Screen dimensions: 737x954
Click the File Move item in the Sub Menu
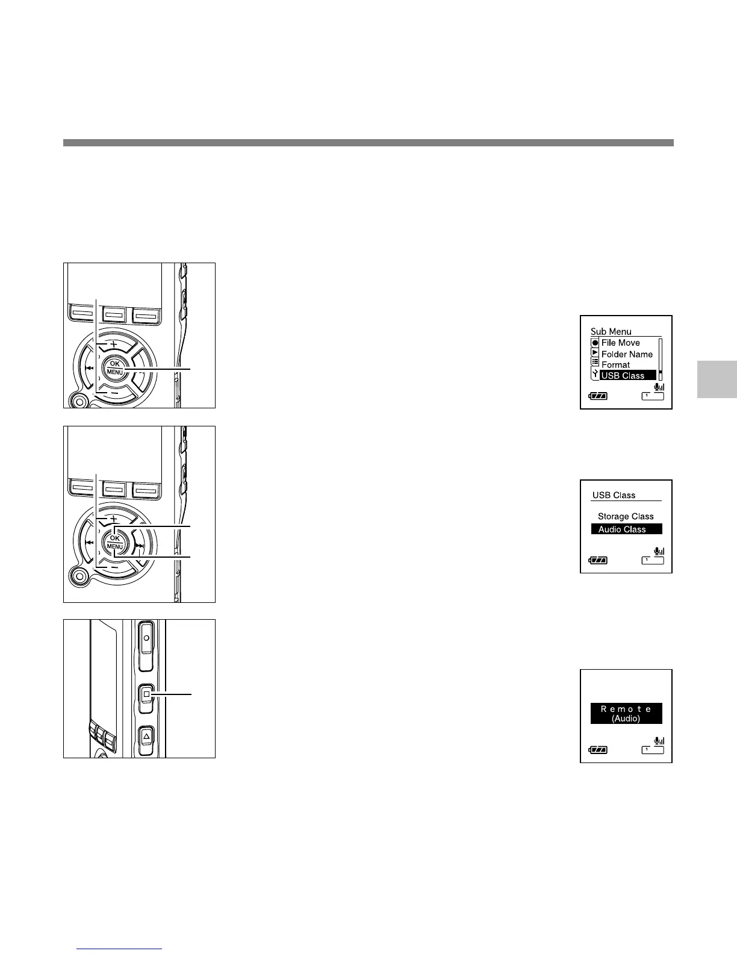coord(620,343)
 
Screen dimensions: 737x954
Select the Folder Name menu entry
coord(626,354)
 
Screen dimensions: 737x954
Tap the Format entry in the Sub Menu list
coord(615,365)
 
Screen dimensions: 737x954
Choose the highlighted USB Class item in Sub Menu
coord(623,375)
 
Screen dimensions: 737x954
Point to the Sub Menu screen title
coord(611,331)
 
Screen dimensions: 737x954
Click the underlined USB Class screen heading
coord(614,495)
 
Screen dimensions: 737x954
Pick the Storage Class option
coord(625,516)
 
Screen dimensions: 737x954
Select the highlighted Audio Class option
coord(622,529)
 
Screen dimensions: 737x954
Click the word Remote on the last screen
coord(626,709)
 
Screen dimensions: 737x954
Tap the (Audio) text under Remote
coord(626,719)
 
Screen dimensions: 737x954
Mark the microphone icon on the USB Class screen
coord(658,550)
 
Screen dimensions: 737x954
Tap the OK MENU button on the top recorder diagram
coord(114,368)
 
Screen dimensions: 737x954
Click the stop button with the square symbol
coord(146,694)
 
